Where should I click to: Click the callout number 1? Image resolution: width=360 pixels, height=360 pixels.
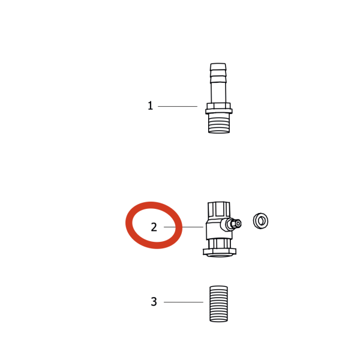[150, 106]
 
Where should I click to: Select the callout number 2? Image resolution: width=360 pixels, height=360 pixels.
[154, 227]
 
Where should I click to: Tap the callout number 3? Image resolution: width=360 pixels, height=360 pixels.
[154, 302]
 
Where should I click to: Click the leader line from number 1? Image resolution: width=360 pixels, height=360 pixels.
[178, 106]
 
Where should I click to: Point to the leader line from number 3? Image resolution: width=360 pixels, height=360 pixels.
[184, 302]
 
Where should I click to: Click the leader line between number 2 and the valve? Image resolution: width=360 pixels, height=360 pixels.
[184, 227]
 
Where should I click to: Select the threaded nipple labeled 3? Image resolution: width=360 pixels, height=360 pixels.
[218, 304]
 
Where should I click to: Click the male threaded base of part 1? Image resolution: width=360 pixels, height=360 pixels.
[219, 123]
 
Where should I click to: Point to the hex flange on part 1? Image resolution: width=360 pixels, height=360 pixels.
[219, 109]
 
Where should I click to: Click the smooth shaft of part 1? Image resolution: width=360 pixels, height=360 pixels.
[218, 92]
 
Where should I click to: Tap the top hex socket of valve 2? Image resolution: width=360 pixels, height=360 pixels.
[218, 209]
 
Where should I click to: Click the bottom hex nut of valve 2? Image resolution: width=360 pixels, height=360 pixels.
[220, 252]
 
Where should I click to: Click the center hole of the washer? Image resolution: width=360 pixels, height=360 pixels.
[261, 221]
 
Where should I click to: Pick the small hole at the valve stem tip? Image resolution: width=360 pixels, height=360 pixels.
[238, 223]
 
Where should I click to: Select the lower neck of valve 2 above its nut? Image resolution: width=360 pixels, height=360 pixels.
[220, 244]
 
